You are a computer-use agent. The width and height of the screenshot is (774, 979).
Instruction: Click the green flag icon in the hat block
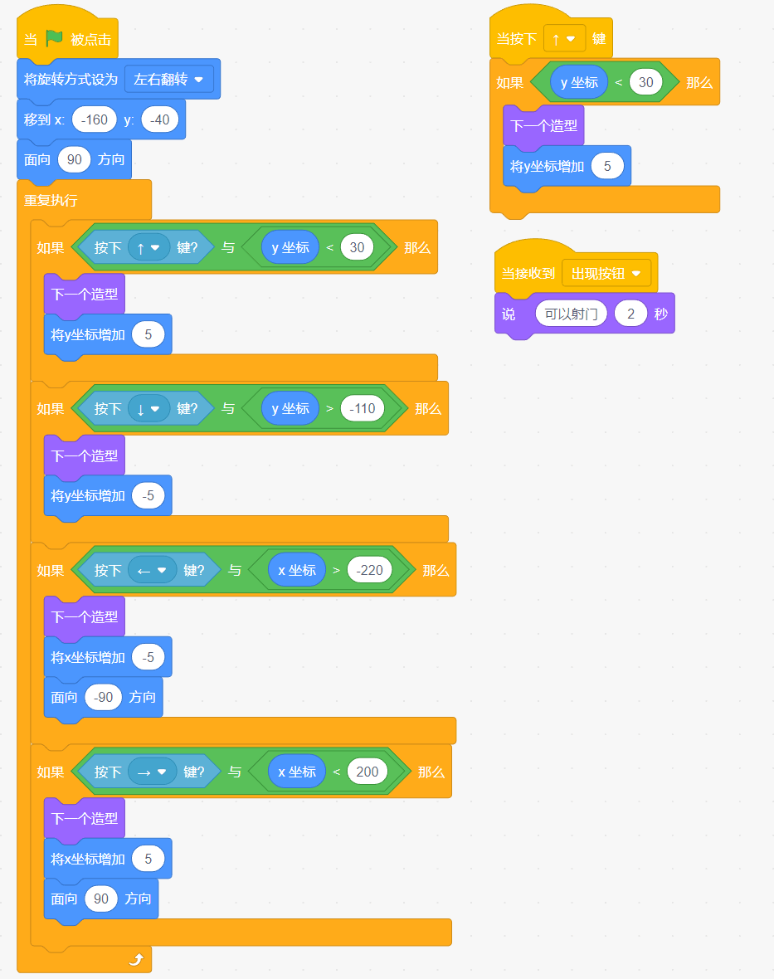54,38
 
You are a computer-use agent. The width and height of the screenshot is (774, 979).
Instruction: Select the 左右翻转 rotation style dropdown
168,80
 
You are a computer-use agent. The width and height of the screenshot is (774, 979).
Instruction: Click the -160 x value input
95,119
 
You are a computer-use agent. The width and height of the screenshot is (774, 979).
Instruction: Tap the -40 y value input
160,119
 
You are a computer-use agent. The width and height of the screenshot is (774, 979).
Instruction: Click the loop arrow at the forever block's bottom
136,959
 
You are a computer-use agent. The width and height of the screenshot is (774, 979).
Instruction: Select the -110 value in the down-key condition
362,408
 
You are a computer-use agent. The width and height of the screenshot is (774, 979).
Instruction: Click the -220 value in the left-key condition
369,570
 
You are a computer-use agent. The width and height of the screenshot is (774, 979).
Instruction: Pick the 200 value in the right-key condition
367,772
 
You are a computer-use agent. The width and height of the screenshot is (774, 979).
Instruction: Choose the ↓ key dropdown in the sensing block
148,409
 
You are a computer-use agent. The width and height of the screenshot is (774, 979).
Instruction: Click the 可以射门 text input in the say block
571,314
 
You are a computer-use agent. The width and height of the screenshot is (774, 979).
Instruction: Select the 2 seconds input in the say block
630,314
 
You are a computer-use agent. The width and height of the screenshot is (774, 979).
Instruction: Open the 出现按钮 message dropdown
606,274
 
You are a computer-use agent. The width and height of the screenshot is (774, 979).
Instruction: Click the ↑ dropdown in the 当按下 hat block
564,39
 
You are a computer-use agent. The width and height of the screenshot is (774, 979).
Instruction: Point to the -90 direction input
103,697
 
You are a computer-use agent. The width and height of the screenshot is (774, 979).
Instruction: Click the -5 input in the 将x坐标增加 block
148,657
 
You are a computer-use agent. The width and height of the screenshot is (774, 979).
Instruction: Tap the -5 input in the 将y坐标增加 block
148,496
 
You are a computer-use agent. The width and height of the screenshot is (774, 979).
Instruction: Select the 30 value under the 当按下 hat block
645,82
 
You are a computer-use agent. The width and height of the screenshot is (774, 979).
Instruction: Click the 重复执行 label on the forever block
51,201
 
